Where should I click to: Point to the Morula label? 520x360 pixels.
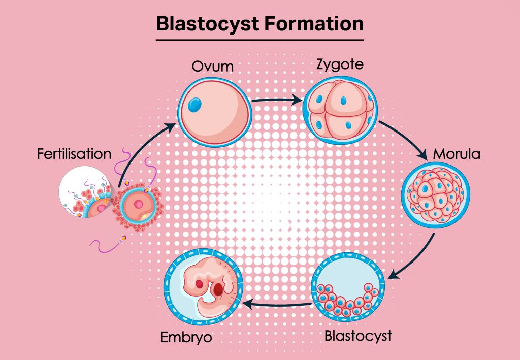(456, 153)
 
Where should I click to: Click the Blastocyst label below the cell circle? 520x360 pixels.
(358, 336)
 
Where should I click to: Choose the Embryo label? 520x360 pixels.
(187, 337)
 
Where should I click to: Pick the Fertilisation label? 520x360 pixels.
(74, 153)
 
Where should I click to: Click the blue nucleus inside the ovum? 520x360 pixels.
(194, 105)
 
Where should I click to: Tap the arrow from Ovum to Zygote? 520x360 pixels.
(277, 101)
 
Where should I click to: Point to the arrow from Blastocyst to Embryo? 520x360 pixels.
(277, 304)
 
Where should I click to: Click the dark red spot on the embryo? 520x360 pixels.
(219, 290)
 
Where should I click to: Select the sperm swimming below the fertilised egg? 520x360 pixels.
(108, 243)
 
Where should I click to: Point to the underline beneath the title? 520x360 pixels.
(259, 39)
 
